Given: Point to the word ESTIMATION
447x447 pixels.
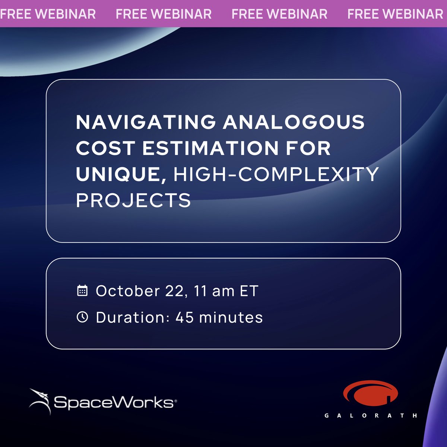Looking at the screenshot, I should coord(210,148).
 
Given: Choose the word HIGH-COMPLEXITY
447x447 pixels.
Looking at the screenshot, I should coord(276,174).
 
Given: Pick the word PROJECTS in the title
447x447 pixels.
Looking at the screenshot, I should coord(133,200).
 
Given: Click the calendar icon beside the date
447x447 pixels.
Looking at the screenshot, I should coord(82,291).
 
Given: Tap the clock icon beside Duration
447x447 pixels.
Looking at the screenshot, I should coord(82,317).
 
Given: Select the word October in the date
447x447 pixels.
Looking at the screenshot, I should coord(128,291).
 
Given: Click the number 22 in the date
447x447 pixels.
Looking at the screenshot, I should coord(174,291).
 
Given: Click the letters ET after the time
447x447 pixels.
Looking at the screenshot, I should coord(249,291).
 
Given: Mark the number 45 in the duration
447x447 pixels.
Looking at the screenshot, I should coord(184,317).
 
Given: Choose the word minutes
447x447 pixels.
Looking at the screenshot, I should coord(231,317).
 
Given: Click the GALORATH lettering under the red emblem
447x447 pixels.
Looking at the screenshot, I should coord(371,415).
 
